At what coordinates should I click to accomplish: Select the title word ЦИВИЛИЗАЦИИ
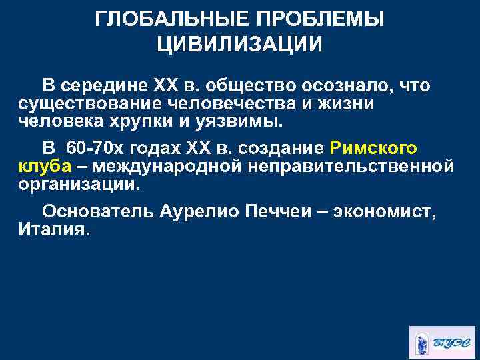tap(240, 45)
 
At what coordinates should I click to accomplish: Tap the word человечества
tap(241, 105)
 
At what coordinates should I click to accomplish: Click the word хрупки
tap(177, 123)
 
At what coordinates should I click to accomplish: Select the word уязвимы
tap(246, 123)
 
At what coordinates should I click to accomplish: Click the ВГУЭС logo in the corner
tap(439, 341)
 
